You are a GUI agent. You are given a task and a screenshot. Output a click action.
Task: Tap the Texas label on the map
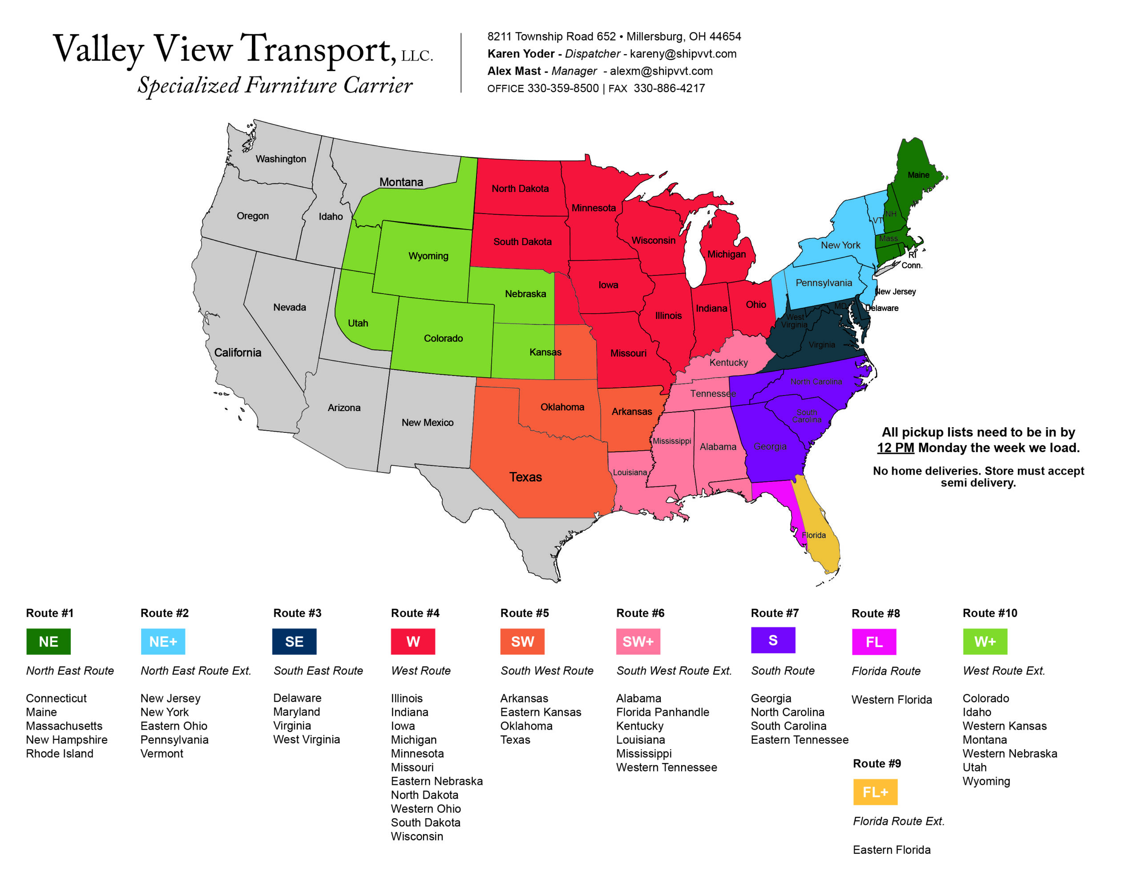[x=525, y=477]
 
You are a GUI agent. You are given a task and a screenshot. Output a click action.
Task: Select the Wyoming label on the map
[x=428, y=256]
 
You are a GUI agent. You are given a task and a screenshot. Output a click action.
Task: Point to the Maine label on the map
[x=918, y=175]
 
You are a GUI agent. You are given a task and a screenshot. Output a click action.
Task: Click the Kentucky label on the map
[x=728, y=363]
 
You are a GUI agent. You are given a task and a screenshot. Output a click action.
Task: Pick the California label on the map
[x=238, y=353]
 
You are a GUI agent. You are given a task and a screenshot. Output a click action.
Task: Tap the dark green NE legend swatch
[x=48, y=641]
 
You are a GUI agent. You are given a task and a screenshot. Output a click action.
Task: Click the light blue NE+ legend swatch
[x=163, y=641]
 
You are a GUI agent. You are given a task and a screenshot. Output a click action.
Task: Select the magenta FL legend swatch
[x=874, y=642]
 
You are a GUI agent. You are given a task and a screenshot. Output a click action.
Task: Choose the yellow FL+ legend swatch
[x=875, y=792]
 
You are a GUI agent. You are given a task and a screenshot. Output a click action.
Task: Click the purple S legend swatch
[x=773, y=640]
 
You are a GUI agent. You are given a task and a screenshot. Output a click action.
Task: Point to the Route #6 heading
[x=640, y=613]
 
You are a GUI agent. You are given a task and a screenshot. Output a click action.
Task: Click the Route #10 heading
[x=990, y=613]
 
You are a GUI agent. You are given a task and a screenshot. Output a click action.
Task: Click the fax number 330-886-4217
[x=669, y=88]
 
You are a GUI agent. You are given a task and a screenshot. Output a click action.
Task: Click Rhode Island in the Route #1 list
[x=60, y=753]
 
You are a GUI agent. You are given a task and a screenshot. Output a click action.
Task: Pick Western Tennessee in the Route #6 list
[x=666, y=767]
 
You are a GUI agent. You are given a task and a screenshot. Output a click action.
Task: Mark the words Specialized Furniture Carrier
[x=275, y=85]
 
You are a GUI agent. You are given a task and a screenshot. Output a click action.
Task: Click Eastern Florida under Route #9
[x=891, y=850]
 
